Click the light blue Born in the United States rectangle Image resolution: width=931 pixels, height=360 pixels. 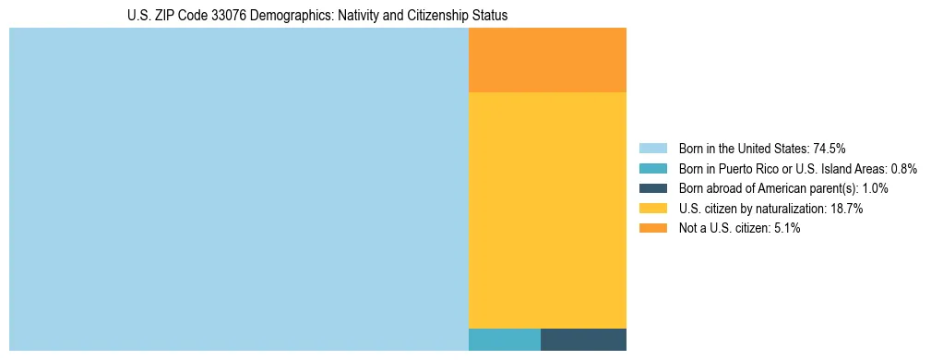239,189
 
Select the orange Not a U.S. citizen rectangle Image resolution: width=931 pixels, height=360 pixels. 547,60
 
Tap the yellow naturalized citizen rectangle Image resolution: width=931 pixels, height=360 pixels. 547,210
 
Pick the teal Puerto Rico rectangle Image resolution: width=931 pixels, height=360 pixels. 505,339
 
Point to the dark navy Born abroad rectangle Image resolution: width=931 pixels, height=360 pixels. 583,339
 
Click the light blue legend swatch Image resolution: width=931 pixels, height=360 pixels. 653,148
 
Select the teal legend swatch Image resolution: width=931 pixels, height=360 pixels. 653,168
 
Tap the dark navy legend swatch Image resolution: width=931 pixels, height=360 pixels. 653,188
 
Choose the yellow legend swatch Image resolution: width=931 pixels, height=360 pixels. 653,209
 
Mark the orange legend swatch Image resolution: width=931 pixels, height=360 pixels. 653,228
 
